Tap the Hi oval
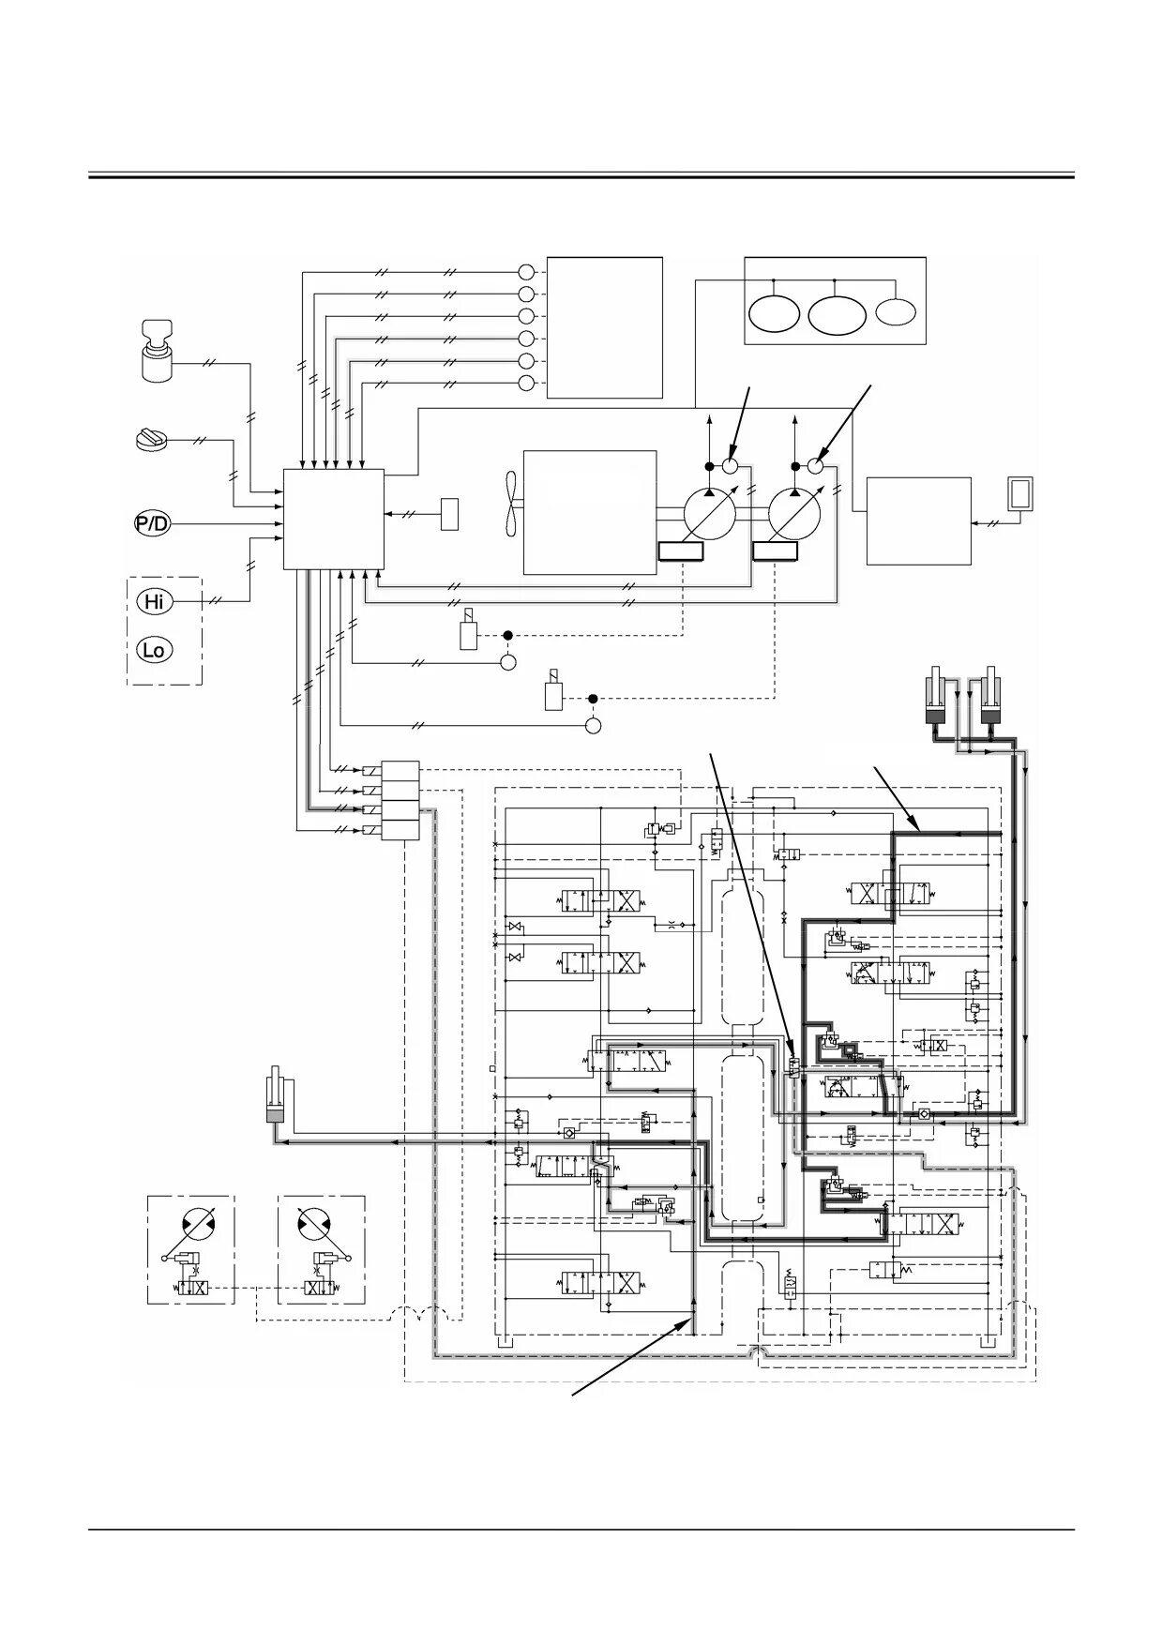tap(155, 601)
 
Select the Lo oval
tap(155, 649)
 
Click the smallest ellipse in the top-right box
tap(896, 310)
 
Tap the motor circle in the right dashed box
tap(314, 1225)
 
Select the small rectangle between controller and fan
tap(450, 514)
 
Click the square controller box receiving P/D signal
tap(334, 519)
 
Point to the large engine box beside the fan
tap(590, 512)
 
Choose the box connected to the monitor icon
tap(919, 521)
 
